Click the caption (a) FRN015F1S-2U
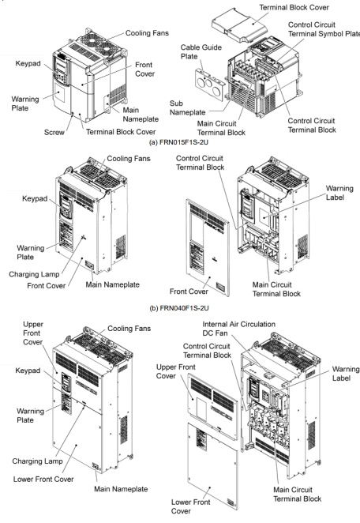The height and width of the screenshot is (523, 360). coord(178,142)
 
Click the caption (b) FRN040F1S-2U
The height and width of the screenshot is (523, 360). coord(179,308)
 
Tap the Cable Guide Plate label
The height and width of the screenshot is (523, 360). coord(201,51)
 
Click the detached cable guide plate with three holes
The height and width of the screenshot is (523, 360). coord(210,84)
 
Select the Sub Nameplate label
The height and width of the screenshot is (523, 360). coord(187,107)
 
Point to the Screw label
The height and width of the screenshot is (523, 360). coord(54,132)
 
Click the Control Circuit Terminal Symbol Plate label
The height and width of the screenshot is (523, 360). coord(324,29)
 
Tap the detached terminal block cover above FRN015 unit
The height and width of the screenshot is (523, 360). coord(239,26)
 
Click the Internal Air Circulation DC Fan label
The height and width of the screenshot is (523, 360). coord(238,329)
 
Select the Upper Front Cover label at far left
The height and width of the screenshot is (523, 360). coord(32,333)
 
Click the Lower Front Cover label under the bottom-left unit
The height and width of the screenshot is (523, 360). coord(43,479)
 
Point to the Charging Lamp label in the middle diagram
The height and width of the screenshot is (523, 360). coord(34,274)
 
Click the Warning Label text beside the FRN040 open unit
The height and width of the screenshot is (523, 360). coord(339,193)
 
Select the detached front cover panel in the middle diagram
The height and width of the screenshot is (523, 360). coord(208,247)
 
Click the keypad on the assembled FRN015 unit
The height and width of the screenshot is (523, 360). coord(61,70)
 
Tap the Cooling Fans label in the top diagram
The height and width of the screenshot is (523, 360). coord(147,33)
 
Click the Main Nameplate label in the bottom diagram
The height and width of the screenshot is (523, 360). coord(121,489)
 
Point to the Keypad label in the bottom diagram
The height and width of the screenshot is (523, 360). coord(28,371)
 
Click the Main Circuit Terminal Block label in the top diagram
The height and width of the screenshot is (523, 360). coord(221,128)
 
